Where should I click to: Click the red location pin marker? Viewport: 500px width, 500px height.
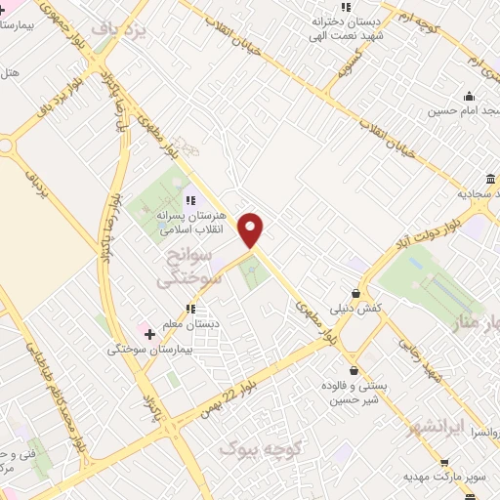coord(252,229)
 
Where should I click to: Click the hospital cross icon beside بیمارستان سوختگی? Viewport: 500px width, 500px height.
coord(149,334)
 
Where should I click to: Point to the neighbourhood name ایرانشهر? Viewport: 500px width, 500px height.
coord(437,426)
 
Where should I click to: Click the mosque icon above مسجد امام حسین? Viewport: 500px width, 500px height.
coord(469,96)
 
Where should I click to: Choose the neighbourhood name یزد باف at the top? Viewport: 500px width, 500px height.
coord(118,30)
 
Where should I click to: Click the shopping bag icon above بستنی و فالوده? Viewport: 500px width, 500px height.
coord(354,371)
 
